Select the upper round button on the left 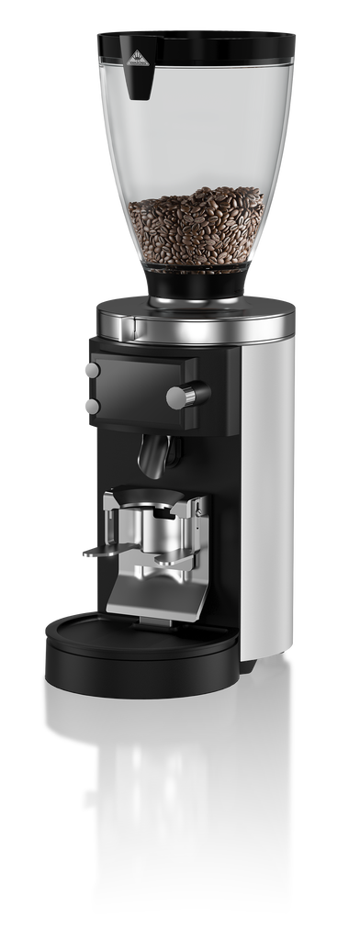(91, 369)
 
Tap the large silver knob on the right (178, 396)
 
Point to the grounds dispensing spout (157, 455)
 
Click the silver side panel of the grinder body (267, 496)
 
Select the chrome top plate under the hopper (193, 321)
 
